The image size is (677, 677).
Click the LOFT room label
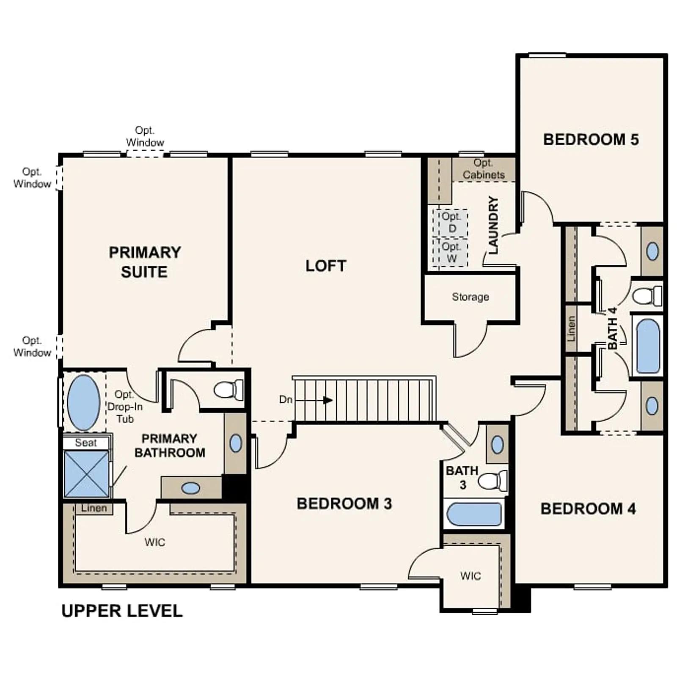pos(326,266)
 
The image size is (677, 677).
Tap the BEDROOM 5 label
pos(591,139)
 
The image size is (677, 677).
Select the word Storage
pos(470,297)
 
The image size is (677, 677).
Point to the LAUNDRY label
pos(493,225)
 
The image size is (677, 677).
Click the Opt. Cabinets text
pos(483,169)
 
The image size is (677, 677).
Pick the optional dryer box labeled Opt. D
pos(450,223)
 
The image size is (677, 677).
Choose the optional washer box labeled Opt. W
pos(450,253)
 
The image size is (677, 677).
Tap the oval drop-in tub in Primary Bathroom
pos(84,402)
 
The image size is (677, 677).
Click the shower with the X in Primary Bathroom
pos(86,473)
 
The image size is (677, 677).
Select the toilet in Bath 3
pos(493,481)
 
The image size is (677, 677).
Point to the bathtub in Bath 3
pos(474,514)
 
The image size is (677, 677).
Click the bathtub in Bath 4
pos(648,346)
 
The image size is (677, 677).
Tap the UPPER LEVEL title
pos(122,611)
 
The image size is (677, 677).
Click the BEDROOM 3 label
pos(344,504)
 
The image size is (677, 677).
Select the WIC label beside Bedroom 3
pos(471,576)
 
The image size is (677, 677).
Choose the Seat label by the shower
pos(86,443)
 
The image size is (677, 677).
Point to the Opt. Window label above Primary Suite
pos(145,136)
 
